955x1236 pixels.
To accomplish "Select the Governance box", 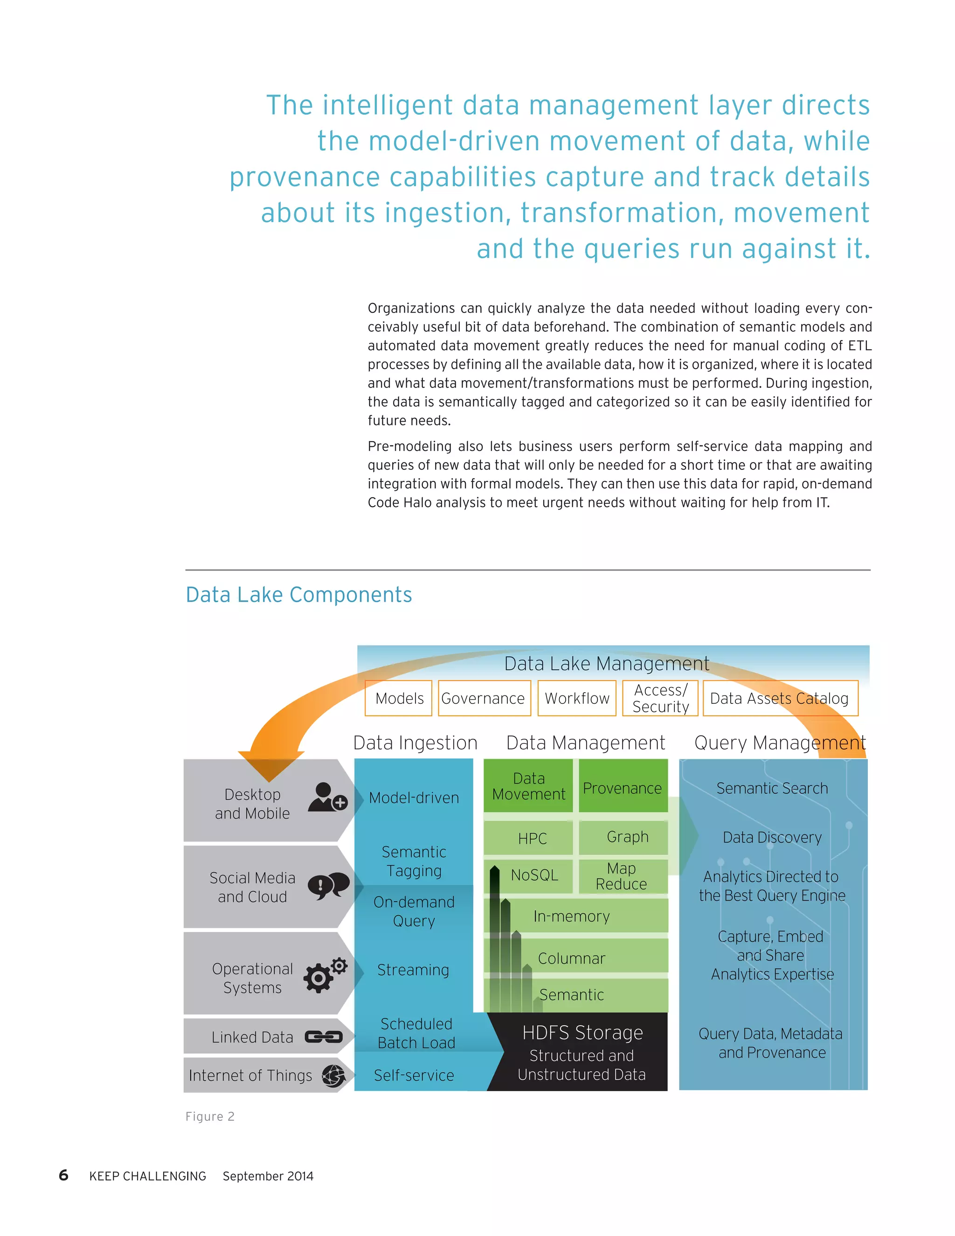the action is (484, 698).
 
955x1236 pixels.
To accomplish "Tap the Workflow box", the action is (576, 698).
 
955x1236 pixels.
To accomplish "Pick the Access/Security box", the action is (660, 698).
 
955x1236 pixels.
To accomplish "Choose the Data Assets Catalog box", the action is (780, 698).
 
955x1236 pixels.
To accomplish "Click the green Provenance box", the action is (623, 787).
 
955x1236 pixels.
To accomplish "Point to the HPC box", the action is (532, 838).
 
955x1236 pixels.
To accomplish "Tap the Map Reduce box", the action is (622, 875).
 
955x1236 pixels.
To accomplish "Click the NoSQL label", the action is (534, 875).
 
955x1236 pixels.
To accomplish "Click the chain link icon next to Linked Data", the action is (324, 1037).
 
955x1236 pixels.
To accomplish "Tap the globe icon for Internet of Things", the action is (334, 1075).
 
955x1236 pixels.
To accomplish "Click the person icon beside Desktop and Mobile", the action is (327, 797).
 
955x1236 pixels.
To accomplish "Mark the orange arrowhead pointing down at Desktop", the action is (271, 765).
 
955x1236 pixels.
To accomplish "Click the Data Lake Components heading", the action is (299, 595).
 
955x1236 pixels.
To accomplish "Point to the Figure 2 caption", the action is (210, 1116).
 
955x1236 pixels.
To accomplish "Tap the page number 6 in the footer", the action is (63, 1175).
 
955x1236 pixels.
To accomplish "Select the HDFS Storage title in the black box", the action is (582, 1032).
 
